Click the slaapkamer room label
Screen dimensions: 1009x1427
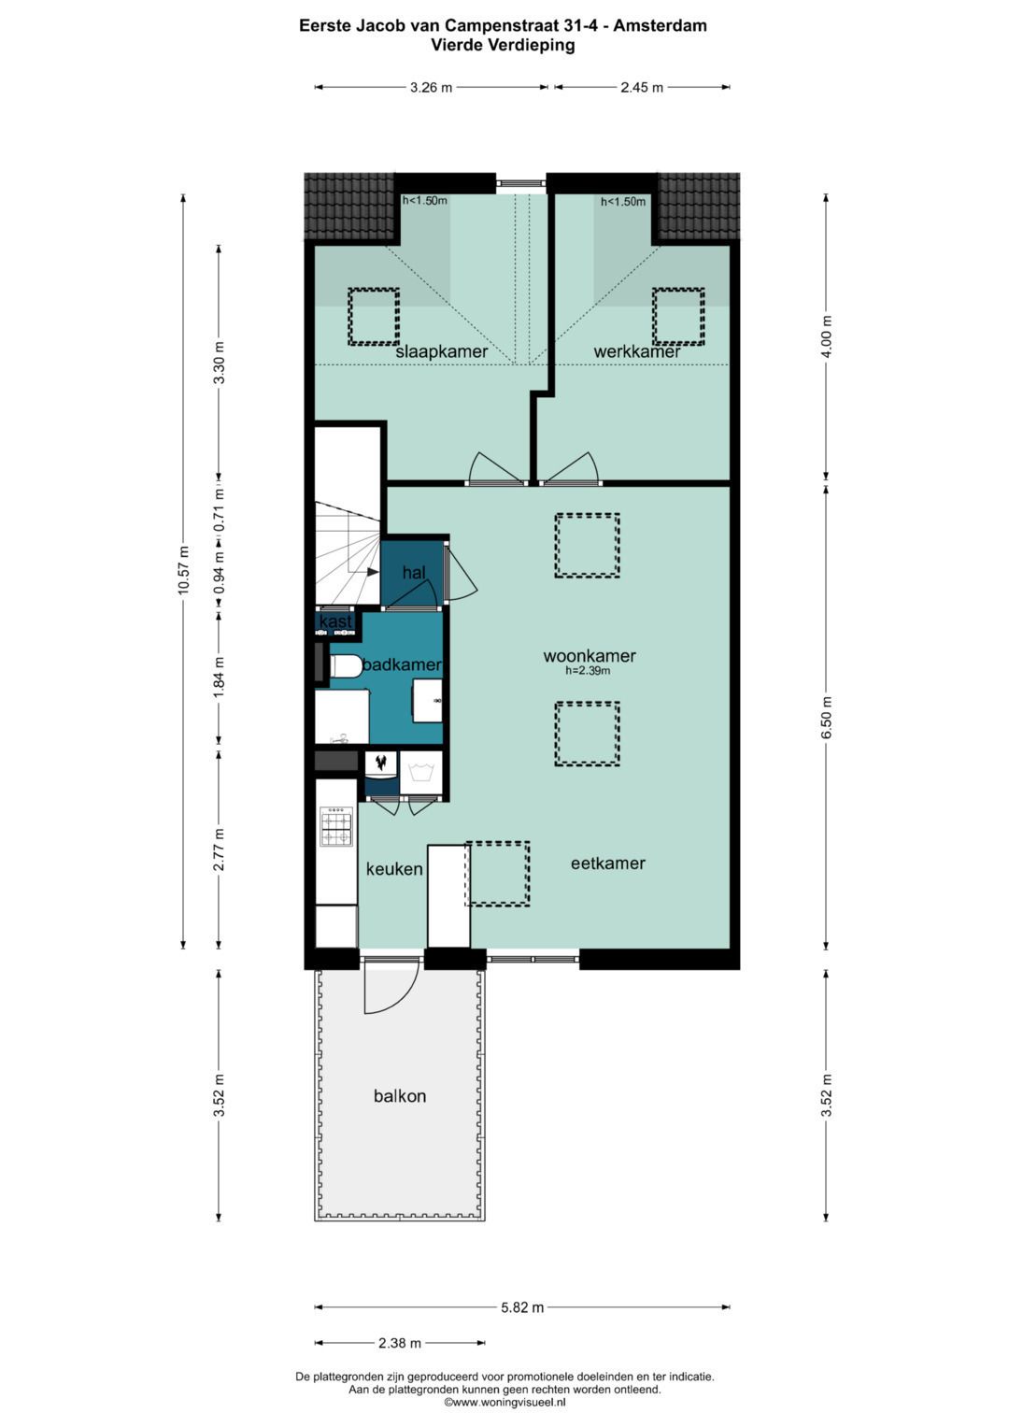[441, 351]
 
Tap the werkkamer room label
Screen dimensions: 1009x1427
[637, 351]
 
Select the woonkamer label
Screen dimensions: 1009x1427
[590, 655]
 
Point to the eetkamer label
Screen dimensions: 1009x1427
[607, 863]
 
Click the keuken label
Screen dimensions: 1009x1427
[394, 869]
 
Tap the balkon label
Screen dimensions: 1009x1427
[400, 1096]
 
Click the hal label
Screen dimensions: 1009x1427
[413, 572]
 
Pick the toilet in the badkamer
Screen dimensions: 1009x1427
[346, 667]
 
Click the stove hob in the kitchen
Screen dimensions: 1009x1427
[336, 827]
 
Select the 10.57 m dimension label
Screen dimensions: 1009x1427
[183, 571]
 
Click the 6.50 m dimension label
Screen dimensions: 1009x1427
[826, 718]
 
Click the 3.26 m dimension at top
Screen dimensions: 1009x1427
[432, 87]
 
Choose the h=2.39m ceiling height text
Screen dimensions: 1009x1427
[588, 670]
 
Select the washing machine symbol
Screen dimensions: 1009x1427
[421, 773]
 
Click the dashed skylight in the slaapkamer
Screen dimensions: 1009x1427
[374, 317]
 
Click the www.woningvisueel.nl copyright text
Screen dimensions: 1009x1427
[504, 1402]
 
